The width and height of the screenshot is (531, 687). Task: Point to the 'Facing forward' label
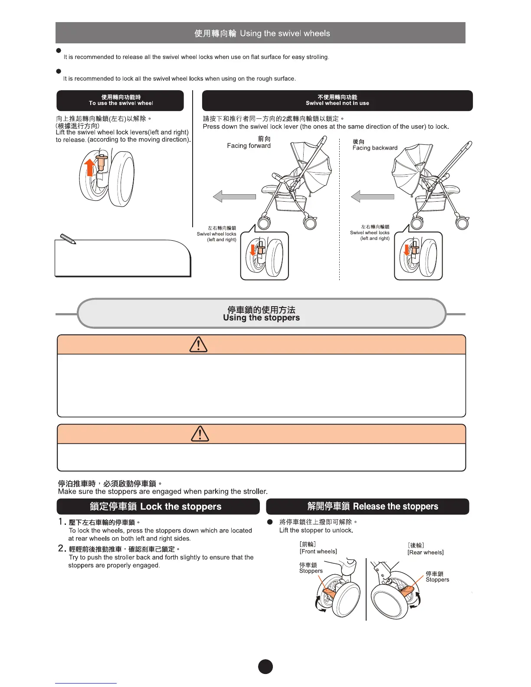pos(249,146)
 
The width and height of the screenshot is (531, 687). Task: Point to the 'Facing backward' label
pos(375,148)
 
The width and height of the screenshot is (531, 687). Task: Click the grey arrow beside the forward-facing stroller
pos(234,196)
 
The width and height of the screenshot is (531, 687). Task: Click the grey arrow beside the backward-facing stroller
pos(372,196)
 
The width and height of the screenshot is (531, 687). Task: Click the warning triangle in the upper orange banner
pos(199,345)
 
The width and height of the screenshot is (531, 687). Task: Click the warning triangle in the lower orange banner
pos(200,434)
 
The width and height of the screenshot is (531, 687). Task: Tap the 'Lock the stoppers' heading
pos(158,507)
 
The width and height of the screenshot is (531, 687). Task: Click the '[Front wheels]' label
pos(318,551)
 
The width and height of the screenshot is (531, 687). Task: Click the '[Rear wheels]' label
pos(425,552)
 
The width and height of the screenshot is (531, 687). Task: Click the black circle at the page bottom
pos(265,667)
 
